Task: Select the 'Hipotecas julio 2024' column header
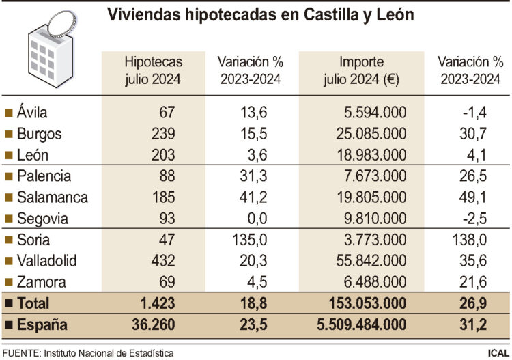[x=153, y=70]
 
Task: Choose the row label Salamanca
[x=52, y=197]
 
